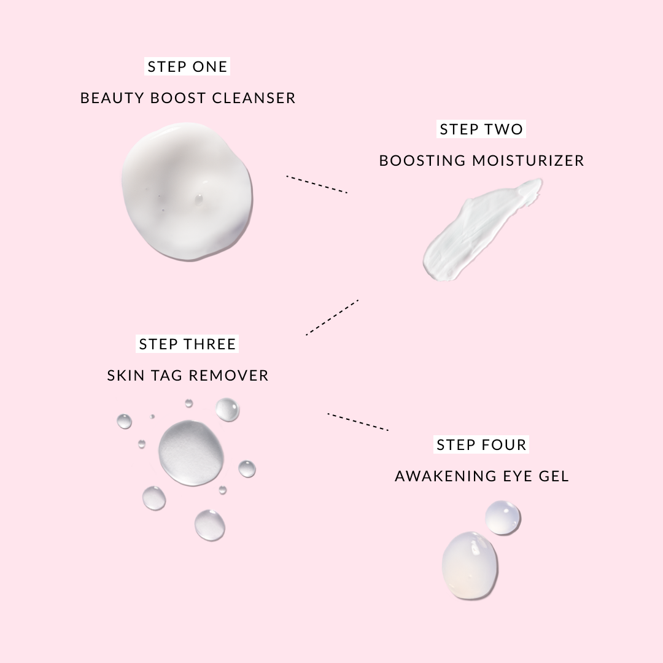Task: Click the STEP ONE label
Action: pos(187,66)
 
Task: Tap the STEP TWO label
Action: pos(481,129)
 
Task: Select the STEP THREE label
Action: pos(187,344)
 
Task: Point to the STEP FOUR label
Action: pos(481,444)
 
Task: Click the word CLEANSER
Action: pos(254,98)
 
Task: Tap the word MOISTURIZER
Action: pos(528,161)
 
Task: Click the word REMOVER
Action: pos(228,376)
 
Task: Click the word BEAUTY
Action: pos(112,98)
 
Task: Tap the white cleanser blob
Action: pos(187,192)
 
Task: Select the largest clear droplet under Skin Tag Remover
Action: pos(192,453)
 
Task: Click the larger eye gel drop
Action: pos(470,566)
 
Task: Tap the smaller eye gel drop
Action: pos(503,518)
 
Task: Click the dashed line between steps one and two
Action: pos(317,184)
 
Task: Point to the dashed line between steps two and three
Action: pos(332,317)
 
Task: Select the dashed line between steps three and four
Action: pos(358,422)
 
